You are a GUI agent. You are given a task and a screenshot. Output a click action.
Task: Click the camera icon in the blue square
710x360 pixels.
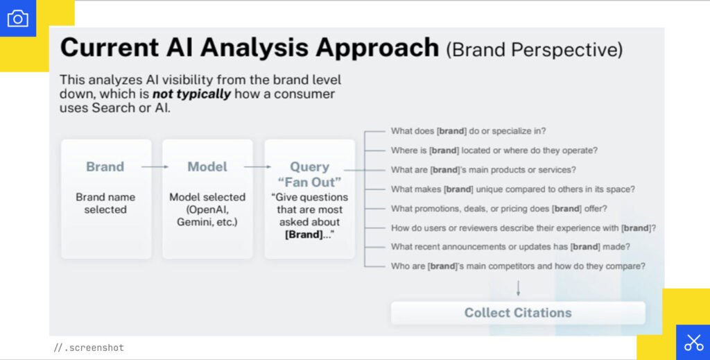17,18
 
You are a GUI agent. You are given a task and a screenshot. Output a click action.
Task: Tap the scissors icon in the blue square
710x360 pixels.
693,342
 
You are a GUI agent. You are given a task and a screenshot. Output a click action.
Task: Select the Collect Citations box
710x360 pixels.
518,313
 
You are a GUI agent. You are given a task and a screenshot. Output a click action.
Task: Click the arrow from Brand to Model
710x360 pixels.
155,167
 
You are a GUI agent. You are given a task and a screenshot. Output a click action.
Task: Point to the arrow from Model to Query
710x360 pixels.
257,167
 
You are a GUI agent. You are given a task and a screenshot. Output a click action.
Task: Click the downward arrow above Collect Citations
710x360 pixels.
518,287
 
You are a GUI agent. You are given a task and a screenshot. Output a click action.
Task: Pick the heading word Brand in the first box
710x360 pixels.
105,167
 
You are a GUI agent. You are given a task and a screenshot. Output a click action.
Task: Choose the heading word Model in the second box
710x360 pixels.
207,167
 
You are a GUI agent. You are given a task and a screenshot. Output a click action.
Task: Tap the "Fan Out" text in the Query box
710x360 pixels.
310,182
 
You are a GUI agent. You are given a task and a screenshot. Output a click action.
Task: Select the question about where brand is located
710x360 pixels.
494,150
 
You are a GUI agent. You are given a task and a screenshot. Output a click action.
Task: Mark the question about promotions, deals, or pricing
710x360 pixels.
499,208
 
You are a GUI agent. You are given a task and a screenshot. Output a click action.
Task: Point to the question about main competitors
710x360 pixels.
518,266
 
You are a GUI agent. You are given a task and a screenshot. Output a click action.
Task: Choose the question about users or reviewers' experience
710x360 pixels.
523,228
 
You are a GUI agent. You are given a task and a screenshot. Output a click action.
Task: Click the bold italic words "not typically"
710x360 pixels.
191,94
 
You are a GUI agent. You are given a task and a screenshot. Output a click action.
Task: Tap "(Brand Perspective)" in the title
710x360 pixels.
534,49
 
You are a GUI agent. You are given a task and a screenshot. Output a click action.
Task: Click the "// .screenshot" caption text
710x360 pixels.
89,348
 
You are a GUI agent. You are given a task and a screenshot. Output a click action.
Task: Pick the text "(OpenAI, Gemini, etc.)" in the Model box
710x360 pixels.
207,216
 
